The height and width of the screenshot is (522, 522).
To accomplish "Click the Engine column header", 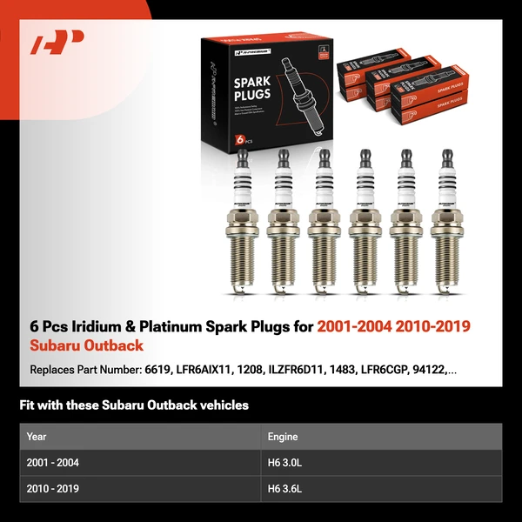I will (283, 437).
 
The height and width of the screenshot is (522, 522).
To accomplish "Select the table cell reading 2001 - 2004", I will (53, 463).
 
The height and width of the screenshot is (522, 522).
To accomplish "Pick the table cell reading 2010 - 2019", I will (53, 489).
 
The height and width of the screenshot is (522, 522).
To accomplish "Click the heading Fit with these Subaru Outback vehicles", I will (134, 405).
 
